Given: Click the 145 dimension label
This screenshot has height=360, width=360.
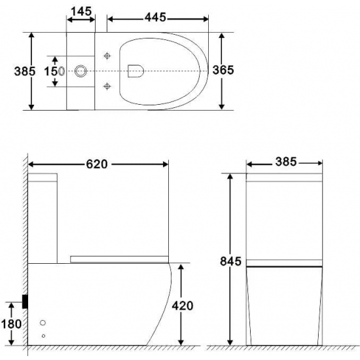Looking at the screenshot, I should click(82, 13).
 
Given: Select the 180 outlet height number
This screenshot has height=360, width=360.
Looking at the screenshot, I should click(12, 323).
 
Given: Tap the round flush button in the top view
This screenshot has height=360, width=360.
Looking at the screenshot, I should click(82, 70).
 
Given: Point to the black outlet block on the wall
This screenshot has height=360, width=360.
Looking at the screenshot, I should click(25, 300).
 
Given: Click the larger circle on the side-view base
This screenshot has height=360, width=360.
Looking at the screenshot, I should click(45, 323).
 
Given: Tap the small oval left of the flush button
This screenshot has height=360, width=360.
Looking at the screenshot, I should click(62, 70).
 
